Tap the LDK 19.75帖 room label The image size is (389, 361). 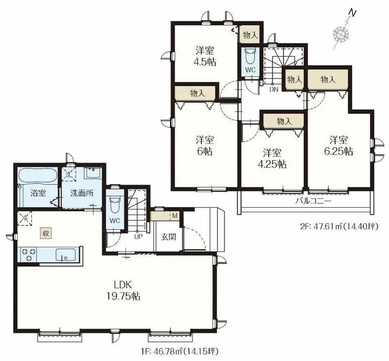coord(123,291)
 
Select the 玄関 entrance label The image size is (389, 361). coord(168,237)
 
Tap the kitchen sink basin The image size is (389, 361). coord(66,255)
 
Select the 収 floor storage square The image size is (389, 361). coord(46,233)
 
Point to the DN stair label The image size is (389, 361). coord(274,89)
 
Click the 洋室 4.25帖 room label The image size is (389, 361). coord(272,158)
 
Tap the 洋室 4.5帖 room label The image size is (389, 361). coord(205,56)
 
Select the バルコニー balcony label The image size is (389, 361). coord(313,201)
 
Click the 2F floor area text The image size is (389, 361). coord(339,226)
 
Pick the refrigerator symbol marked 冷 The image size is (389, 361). coord(25,218)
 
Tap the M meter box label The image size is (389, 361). coord(175,216)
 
